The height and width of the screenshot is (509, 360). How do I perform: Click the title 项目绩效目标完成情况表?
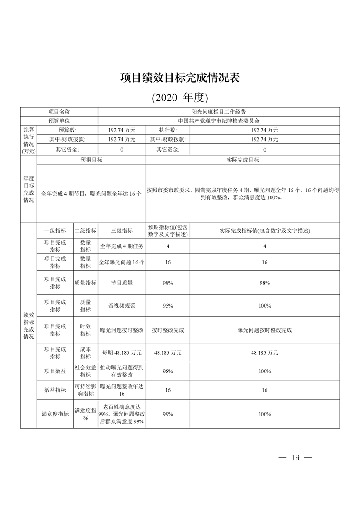coord(180,78)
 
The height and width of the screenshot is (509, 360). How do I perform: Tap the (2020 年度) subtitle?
coord(180,97)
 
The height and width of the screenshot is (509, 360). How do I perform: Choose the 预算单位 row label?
coord(59,121)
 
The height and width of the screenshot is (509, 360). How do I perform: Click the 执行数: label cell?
coord(168,130)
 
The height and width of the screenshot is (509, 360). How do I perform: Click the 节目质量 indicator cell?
coord(122,283)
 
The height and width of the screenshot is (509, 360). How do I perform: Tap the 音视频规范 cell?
coord(122,306)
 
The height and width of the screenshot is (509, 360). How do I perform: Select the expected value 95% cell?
coord(168,306)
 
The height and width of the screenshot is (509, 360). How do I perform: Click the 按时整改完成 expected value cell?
coord(168,330)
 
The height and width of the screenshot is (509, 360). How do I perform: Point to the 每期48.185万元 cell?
coord(122,352)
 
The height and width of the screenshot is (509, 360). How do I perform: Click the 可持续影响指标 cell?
coord(85,390)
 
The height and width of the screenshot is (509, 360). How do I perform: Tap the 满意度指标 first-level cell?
coord(55,414)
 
